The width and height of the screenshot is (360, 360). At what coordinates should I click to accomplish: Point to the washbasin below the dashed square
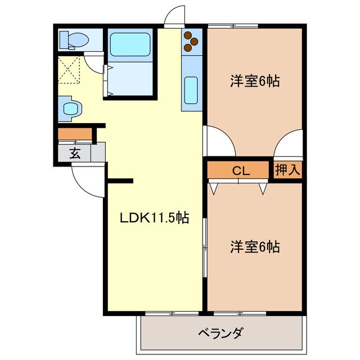[x=70, y=108]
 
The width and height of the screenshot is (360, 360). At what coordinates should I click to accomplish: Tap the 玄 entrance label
[x=74, y=153]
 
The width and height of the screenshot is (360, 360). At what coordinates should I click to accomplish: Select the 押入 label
[x=287, y=169]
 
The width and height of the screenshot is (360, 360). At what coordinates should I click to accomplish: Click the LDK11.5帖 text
[x=154, y=218]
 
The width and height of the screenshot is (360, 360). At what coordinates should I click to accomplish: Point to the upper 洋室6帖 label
[x=254, y=81]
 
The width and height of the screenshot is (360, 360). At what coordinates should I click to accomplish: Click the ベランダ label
[x=220, y=332]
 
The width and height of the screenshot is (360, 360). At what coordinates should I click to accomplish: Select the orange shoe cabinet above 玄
[x=75, y=134]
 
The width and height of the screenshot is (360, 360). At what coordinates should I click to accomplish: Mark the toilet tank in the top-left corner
[x=64, y=39]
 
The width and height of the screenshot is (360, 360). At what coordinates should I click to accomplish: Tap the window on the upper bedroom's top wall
[x=232, y=25]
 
